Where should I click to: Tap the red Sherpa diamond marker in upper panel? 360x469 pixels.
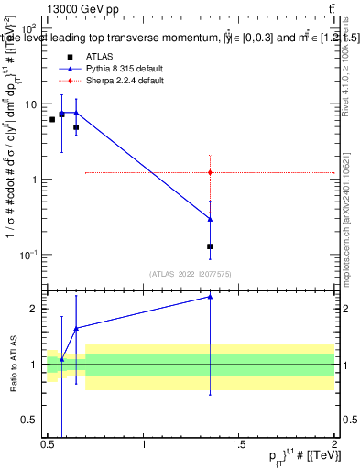point(211,172)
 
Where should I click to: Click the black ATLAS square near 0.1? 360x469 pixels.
point(211,246)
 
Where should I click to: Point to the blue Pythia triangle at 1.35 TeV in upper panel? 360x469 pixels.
point(211,219)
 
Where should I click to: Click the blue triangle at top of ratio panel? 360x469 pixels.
point(211,296)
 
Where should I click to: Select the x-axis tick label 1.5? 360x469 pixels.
point(239,444)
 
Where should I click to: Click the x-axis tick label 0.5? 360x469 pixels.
point(48,444)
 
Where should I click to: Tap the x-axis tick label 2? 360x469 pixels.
point(334,444)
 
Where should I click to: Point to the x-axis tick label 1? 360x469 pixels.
point(144,444)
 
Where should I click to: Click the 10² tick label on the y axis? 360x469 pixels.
point(27,30)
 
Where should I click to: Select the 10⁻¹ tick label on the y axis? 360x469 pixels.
point(27,255)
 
